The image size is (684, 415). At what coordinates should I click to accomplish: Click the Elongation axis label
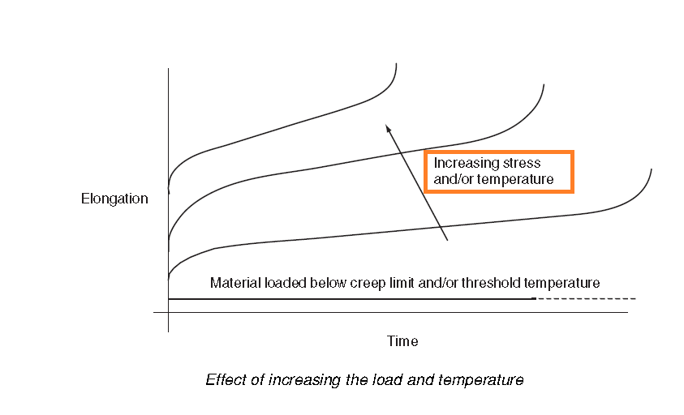click(x=114, y=199)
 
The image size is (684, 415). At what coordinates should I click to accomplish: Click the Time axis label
click(x=402, y=341)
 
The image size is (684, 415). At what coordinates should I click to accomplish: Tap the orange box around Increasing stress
click(x=498, y=153)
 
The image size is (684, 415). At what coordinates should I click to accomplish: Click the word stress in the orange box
click(x=514, y=163)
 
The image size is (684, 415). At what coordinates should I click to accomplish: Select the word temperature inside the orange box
click(x=515, y=179)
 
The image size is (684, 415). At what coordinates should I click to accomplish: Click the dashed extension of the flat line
click(x=584, y=299)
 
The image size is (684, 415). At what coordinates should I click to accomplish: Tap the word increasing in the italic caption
click(x=302, y=379)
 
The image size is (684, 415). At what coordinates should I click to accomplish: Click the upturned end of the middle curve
click(x=543, y=87)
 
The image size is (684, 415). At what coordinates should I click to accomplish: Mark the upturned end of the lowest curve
click(x=651, y=171)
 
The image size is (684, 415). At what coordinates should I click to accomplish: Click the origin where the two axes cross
click(x=168, y=312)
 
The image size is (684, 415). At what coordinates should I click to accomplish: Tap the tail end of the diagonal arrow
click(x=448, y=240)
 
